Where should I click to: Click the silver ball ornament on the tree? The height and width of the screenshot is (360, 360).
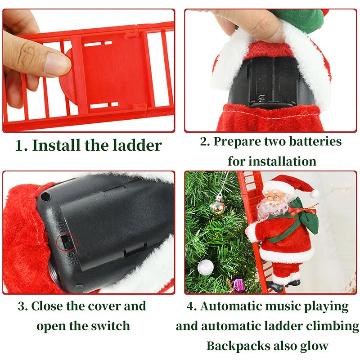pyautogui.click(x=205, y=267)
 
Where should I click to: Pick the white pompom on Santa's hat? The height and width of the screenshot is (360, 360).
pyautogui.click(x=314, y=193)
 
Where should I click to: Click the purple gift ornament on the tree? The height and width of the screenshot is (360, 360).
pyautogui.click(x=237, y=284)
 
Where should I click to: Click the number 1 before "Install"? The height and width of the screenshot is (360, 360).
pyautogui.click(x=20, y=145)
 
